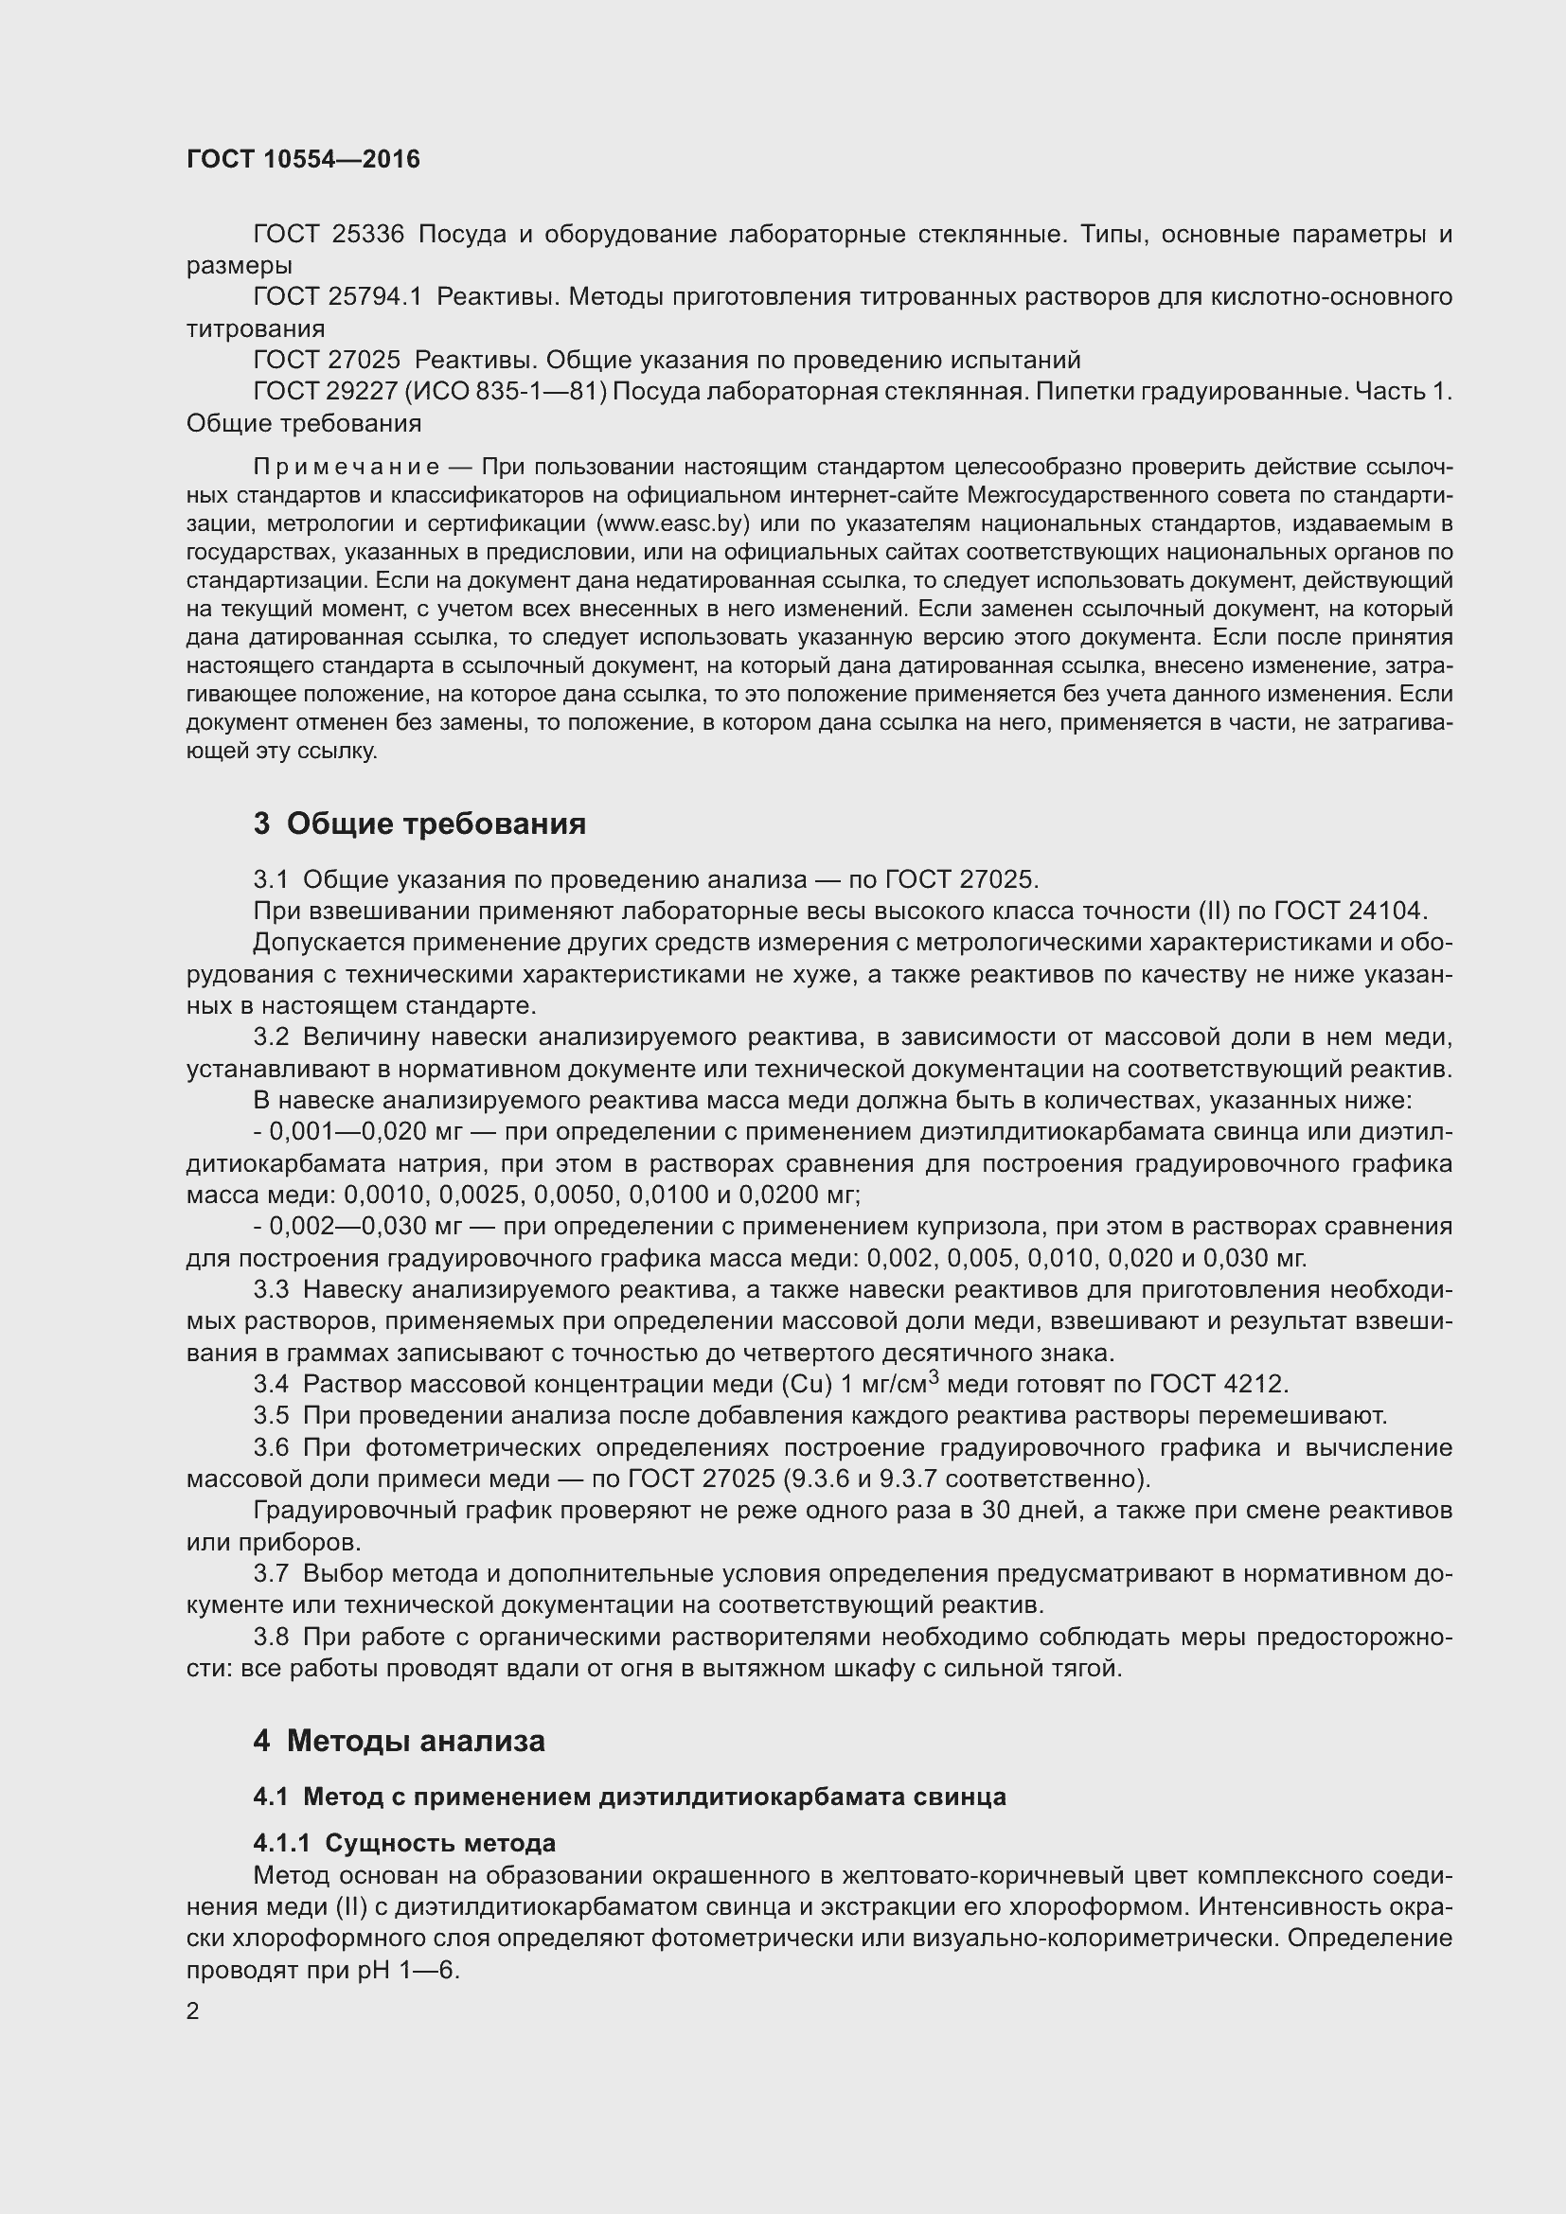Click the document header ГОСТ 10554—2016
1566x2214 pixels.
tap(303, 159)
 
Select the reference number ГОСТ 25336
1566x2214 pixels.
tap(328, 235)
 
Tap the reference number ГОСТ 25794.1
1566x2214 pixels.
tap(337, 297)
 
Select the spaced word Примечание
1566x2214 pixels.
tap(347, 468)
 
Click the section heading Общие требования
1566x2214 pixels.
tap(436, 824)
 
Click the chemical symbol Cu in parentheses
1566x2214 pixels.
tap(811, 1385)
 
